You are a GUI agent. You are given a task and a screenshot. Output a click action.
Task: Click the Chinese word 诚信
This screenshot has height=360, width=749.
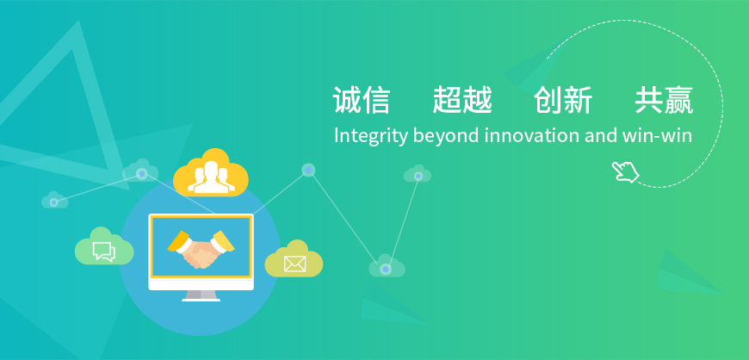click(362, 101)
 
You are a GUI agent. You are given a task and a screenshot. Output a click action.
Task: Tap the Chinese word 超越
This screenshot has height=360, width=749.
click(462, 101)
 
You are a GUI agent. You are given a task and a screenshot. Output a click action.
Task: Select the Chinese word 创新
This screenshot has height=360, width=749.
click(563, 101)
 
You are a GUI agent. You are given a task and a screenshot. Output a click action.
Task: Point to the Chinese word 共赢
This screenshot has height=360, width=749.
click(664, 101)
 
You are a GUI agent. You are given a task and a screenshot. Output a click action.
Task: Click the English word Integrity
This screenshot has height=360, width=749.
click(371, 136)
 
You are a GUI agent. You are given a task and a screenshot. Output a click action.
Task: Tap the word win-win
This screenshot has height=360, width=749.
click(657, 135)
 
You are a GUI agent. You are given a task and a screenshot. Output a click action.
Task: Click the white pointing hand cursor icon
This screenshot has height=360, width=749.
click(625, 171)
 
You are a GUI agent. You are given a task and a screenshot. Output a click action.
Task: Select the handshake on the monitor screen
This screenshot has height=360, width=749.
click(201, 249)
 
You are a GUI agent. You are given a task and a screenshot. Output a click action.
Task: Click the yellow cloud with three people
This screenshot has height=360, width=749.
click(211, 172)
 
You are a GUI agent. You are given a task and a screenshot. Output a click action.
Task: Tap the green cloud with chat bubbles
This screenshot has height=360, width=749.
click(104, 246)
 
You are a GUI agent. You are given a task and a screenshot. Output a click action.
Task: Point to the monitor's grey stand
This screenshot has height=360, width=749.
click(201, 295)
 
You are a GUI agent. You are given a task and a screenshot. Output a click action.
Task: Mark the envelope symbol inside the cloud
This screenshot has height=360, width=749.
click(294, 264)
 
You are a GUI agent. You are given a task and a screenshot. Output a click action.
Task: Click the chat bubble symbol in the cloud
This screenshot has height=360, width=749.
click(103, 251)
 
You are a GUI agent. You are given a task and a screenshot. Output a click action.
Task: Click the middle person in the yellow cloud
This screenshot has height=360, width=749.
click(211, 177)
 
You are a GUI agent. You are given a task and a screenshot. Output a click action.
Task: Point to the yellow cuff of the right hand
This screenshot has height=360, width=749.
click(223, 240)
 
